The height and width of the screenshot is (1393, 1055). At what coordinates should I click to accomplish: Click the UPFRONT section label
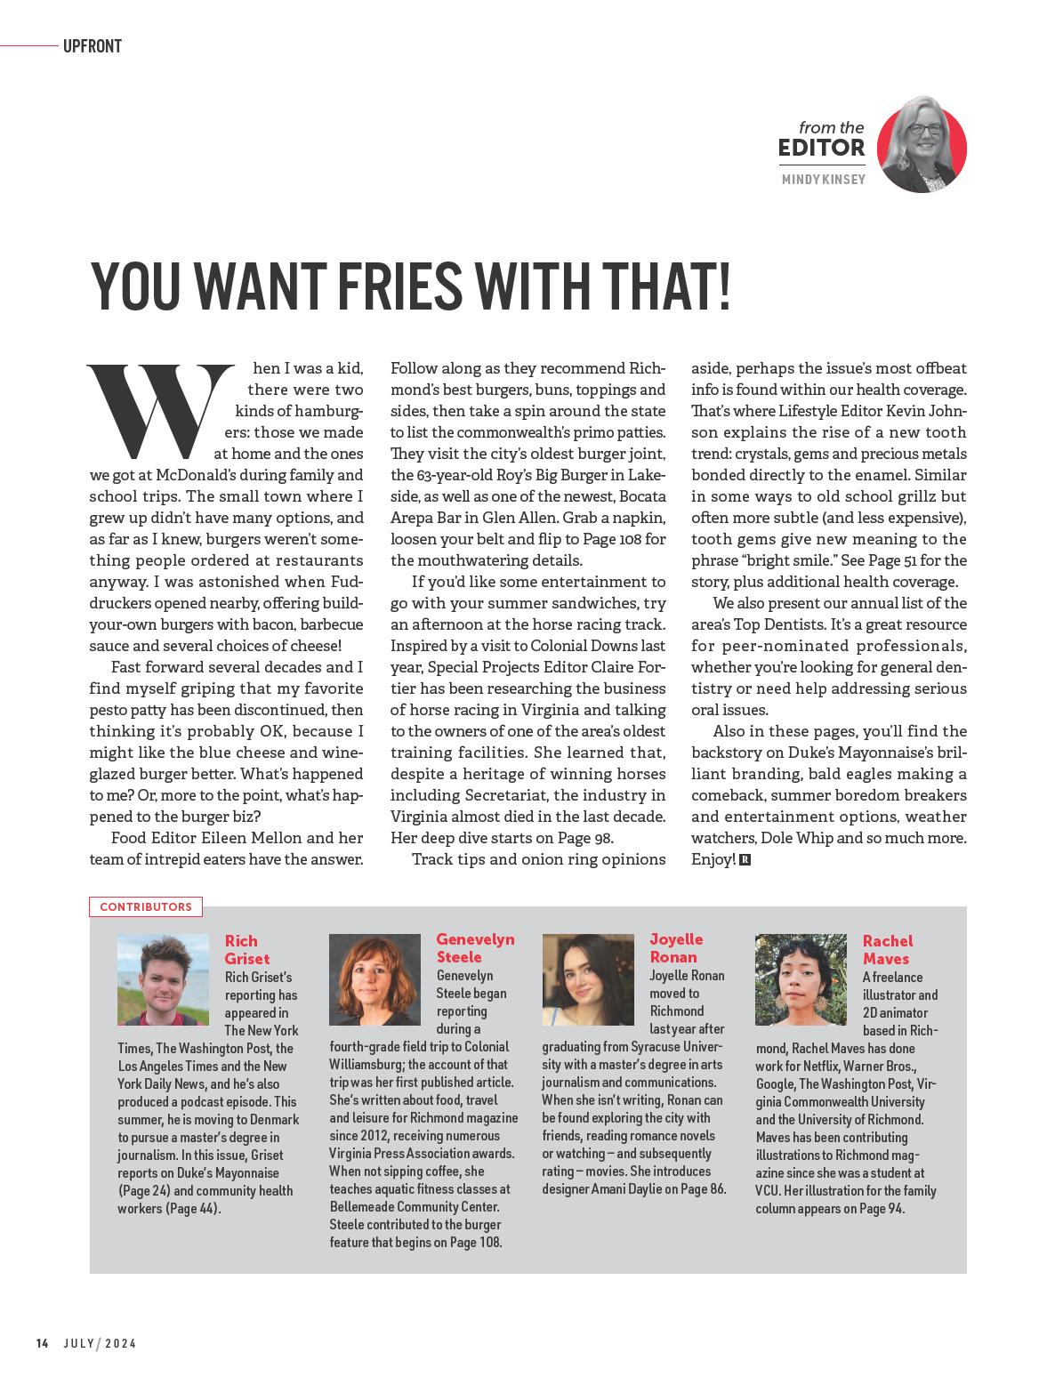click(x=92, y=46)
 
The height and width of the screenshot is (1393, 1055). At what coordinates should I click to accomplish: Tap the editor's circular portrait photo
click(x=922, y=147)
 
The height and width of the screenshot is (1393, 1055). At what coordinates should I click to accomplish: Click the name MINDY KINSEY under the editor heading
click(x=823, y=181)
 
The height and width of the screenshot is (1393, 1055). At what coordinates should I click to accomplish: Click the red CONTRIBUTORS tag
click(x=146, y=907)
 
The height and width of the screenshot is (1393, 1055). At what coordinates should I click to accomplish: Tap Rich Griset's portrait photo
click(x=163, y=979)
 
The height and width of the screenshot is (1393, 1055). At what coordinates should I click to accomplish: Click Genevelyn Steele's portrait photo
click(x=374, y=978)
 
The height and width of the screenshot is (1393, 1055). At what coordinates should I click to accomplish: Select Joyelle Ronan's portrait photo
click(x=588, y=978)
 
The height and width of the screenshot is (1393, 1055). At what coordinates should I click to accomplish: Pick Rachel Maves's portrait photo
click(x=801, y=978)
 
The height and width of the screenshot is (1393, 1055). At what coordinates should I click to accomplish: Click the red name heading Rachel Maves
click(x=887, y=949)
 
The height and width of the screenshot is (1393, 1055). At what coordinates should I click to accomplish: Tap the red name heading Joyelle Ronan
click(x=676, y=948)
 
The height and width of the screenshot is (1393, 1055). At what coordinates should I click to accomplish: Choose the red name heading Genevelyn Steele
click(x=475, y=948)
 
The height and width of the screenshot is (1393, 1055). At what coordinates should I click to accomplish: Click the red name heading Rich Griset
click(x=246, y=949)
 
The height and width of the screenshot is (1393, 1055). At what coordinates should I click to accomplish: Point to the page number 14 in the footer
click(x=42, y=1343)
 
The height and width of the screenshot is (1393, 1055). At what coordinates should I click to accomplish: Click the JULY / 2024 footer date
click(x=100, y=1343)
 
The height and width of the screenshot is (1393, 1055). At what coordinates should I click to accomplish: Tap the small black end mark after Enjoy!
click(x=745, y=860)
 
